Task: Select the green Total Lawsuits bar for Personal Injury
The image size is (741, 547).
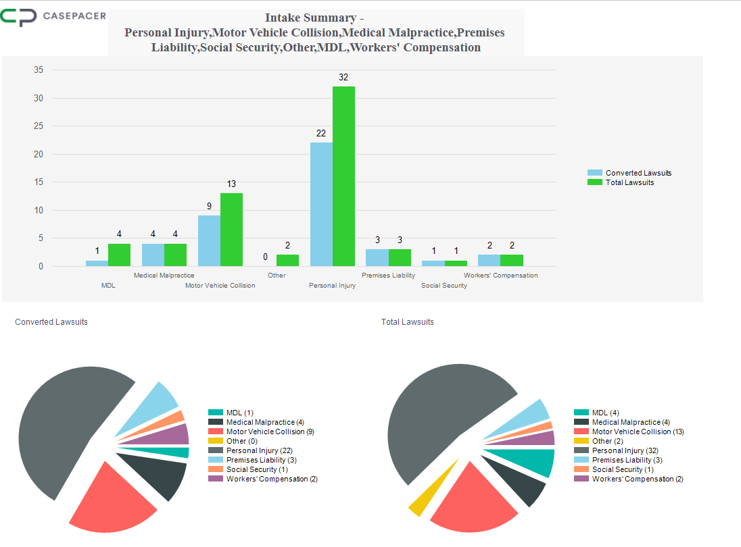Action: coord(343,176)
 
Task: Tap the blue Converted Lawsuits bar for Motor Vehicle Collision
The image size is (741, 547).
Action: coord(209,240)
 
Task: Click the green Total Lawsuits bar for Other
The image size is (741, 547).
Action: coord(287,260)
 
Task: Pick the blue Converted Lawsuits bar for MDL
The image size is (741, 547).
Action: coord(97,263)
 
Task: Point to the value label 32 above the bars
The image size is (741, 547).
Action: coord(343,78)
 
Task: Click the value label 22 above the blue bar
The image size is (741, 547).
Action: coord(321,134)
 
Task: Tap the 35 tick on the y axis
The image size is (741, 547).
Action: coord(39,70)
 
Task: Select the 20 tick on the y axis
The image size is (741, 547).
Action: coord(39,154)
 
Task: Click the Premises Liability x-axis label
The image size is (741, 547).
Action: coord(388,276)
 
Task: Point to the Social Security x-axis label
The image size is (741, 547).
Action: coord(444,286)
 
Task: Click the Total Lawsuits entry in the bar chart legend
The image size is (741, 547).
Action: coord(629,182)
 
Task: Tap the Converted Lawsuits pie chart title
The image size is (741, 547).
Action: coord(51,322)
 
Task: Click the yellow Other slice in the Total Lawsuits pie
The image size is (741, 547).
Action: coord(420,500)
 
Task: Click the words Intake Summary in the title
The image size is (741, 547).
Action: coord(310,18)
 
